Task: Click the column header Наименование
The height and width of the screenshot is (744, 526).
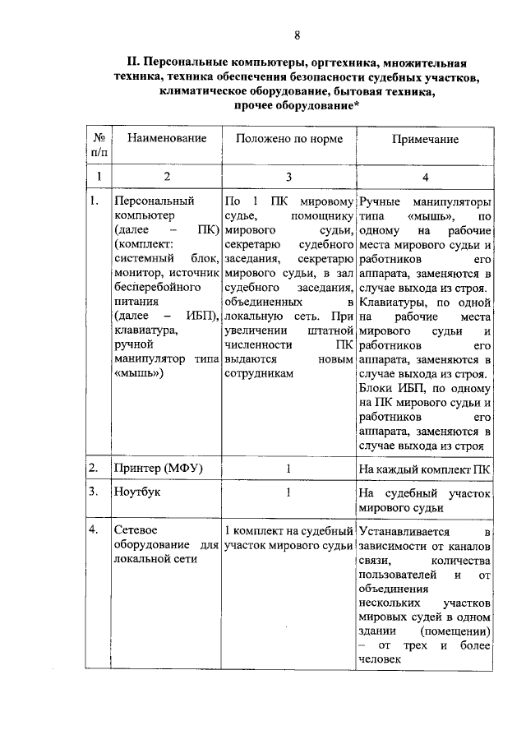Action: [166, 139]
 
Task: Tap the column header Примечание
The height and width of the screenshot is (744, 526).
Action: [425, 140]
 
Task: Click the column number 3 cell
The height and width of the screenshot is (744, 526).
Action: [288, 176]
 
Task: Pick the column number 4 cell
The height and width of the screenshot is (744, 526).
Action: [425, 176]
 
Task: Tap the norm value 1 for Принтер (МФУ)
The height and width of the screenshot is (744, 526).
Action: [288, 469]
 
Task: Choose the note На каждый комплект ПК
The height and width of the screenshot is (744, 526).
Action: [425, 469]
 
